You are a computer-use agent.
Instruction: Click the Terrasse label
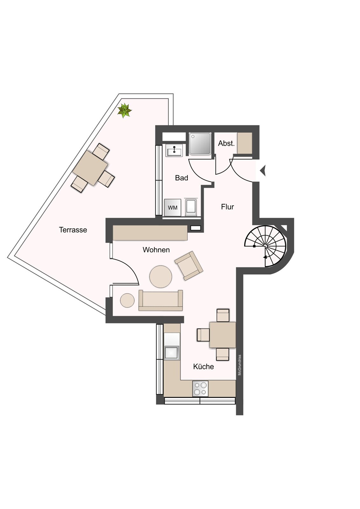[73, 230]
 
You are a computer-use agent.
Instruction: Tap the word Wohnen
[156, 250]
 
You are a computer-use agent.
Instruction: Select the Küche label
[203, 366]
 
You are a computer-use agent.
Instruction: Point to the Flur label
[227, 207]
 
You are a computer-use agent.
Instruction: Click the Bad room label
[181, 178]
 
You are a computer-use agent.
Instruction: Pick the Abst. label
[226, 143]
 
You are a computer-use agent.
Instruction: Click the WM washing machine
[173, 208]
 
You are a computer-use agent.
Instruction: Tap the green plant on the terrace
[124, 111]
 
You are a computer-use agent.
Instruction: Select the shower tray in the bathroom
[200, 144]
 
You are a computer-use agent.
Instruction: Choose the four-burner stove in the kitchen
[200, 388]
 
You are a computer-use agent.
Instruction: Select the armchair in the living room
[189, 266]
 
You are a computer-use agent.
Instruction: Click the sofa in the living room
[160, 300]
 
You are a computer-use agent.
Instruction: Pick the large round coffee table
[161, 276]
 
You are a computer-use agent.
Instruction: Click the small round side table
[127, 300]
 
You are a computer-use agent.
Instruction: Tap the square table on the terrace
[90, 168]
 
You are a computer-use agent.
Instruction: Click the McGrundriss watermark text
[240, 365]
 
